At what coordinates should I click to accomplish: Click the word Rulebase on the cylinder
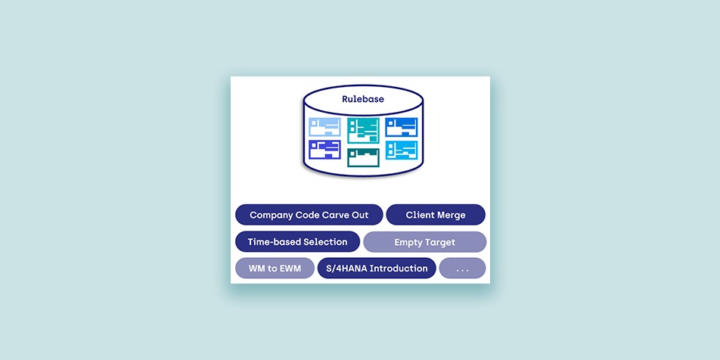pos(363,99)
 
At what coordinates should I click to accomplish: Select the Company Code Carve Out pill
pos(309,215)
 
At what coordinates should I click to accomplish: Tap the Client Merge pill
pos(436,215)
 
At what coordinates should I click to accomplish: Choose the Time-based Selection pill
pos(297,241)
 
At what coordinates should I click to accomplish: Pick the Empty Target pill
pos(425,242)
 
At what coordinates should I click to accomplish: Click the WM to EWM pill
pos(275,268)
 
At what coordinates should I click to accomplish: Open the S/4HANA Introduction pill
pos(377,268)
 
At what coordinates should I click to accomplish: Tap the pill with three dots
pos(462,268)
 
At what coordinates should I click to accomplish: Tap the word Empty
pos(408,243)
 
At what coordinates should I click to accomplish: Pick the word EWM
pos(289,268)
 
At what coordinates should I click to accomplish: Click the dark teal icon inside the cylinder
pos(363,157)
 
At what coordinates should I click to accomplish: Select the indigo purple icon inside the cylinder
pos(324,150)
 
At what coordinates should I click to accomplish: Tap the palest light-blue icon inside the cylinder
pos(324,127)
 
